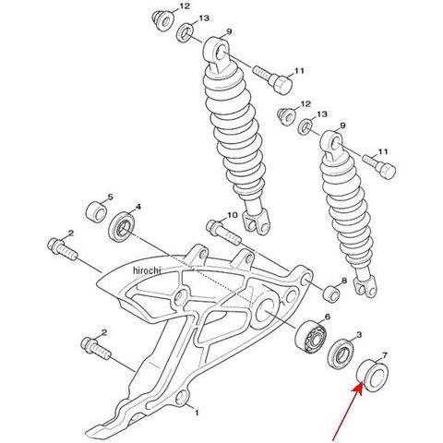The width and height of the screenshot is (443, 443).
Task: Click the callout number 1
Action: pos(197,413)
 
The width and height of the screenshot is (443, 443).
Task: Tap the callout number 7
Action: pos(385,355)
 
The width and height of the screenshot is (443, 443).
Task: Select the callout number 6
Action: pos(328,317)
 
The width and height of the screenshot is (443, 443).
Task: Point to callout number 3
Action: pos(359,334)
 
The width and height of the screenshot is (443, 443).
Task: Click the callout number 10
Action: pos(233,215)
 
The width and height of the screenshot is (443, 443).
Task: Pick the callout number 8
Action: pos(344,281)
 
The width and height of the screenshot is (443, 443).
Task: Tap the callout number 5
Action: pos(110,197)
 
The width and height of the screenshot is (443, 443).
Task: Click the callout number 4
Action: pos(138,207)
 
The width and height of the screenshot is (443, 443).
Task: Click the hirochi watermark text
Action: pos(147,270)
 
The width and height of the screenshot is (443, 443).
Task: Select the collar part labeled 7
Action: pos(372,375)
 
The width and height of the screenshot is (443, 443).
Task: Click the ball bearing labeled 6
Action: pos(311,336)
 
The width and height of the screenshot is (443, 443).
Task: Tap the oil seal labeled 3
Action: pos(341,353)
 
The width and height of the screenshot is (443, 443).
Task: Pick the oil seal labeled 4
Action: pos(122,227)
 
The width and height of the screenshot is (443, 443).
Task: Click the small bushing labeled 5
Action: pos(96,211)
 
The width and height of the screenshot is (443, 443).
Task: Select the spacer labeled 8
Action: pos(331,294)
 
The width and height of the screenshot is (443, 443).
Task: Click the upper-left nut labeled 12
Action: pos(163,21)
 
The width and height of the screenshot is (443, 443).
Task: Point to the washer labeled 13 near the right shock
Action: pos(305,126)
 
